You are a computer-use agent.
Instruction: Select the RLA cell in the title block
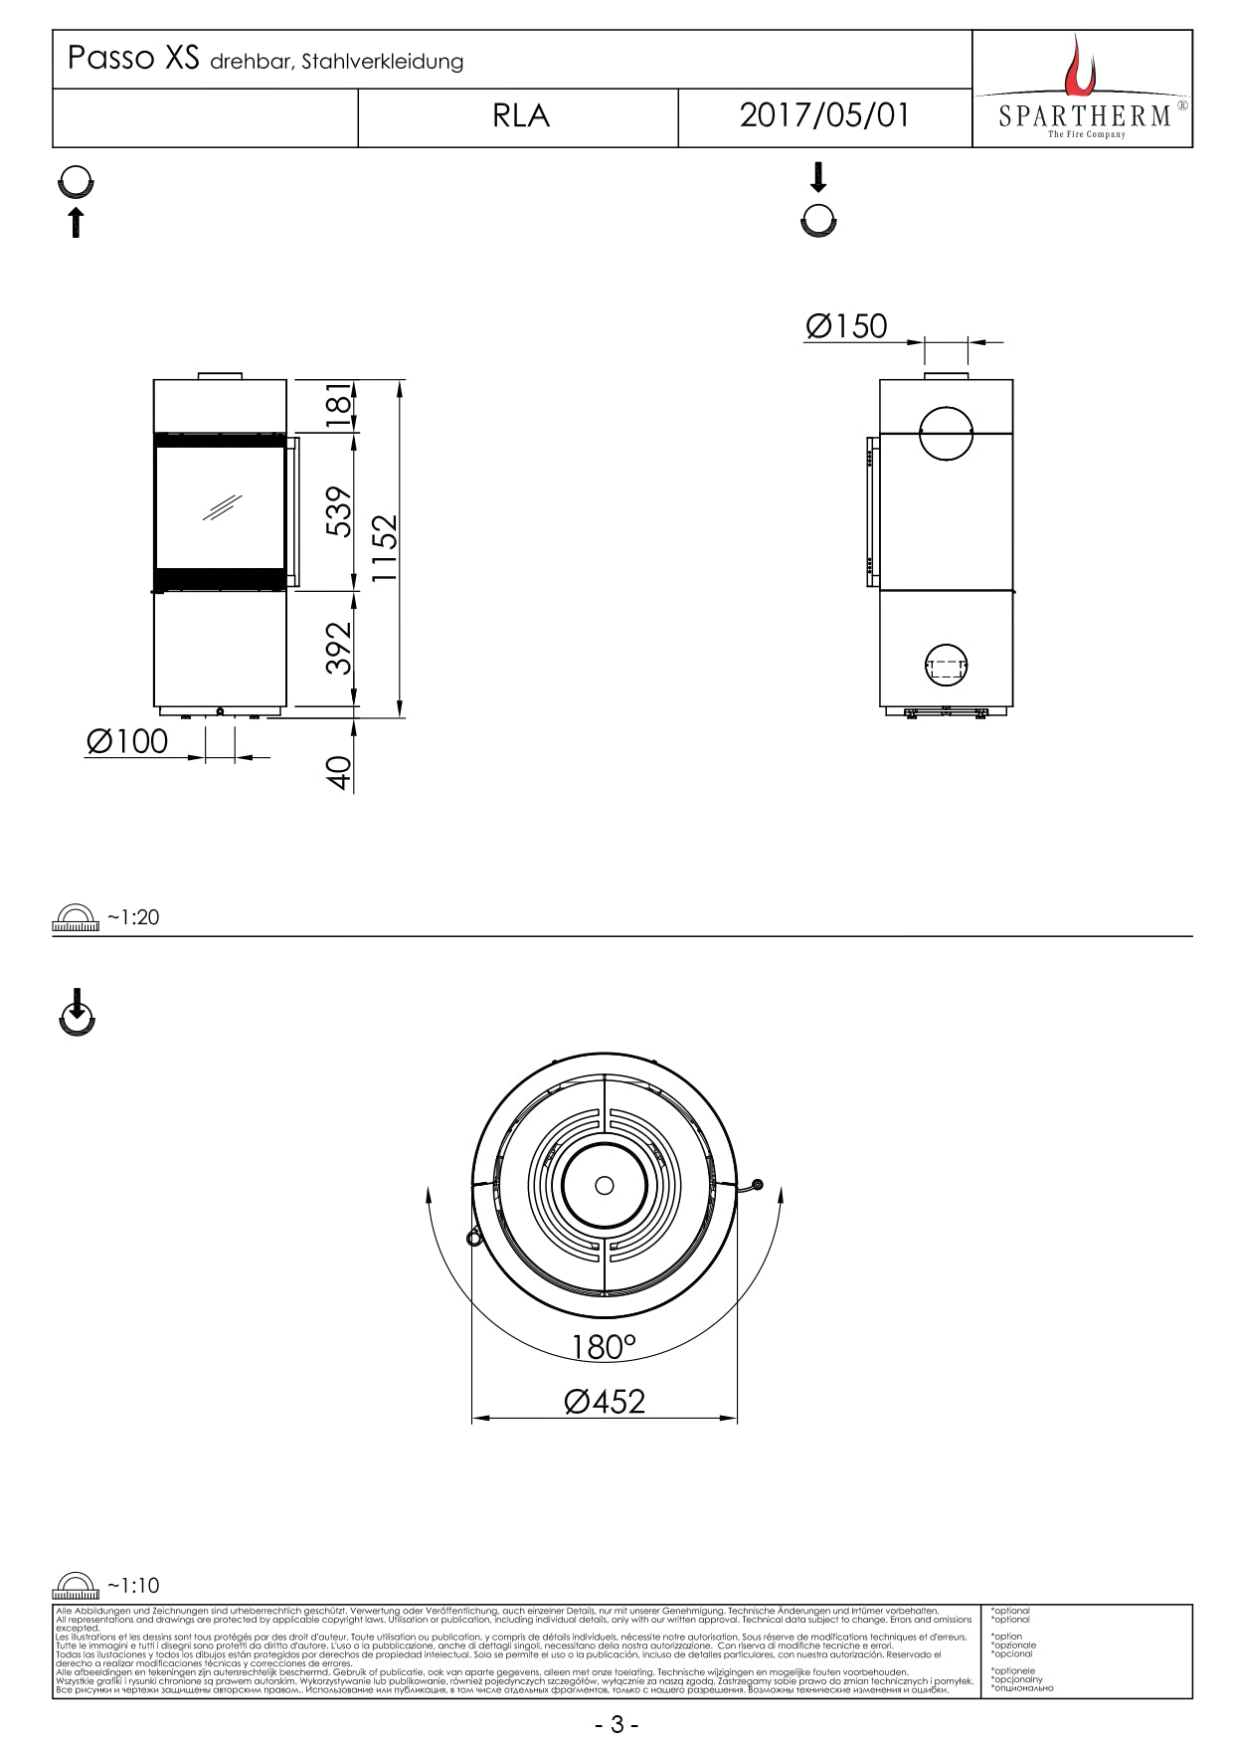(520, 117)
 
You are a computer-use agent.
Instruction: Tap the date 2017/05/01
(824, 116)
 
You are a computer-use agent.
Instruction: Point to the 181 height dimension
(340, 405)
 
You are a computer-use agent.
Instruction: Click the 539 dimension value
(340, 511)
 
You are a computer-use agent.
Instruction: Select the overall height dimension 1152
(384, 548)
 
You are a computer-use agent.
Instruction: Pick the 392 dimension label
(340, 648)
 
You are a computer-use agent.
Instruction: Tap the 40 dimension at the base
(340, 773)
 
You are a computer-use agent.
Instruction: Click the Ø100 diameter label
(127, 742)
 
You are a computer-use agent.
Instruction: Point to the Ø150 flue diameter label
(846, 326)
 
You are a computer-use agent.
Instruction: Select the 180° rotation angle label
(604, 1347)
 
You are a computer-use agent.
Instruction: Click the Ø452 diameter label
(605, 1402)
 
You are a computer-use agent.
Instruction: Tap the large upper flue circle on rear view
(946, 434)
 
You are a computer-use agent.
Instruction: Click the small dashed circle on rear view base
(946, 667)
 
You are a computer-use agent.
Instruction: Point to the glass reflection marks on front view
(222, 507)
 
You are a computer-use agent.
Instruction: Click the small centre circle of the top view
(605, 1185)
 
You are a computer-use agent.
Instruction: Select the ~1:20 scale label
(133, 917)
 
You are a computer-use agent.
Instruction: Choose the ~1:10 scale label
(133, 1586)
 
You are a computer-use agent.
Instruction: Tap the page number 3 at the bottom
(617, 1724)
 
